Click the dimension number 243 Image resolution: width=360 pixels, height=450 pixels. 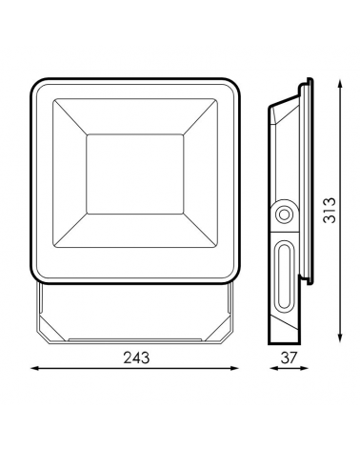tap(136, 358)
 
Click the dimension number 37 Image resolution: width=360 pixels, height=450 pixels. tap(289, 358)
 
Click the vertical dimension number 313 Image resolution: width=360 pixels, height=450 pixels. tap(330, 210)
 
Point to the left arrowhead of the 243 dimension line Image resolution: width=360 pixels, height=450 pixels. tap(34, 368)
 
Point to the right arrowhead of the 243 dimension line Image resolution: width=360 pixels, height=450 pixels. tap(234, 368)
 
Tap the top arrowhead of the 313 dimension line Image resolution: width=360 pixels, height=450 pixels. tap(340, 84)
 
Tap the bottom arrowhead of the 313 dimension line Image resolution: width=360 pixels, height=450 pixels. tap(340, 337)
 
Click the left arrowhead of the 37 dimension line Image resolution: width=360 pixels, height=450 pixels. tap(273, 369)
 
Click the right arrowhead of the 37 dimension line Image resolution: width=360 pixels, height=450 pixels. tap(304, 369)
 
